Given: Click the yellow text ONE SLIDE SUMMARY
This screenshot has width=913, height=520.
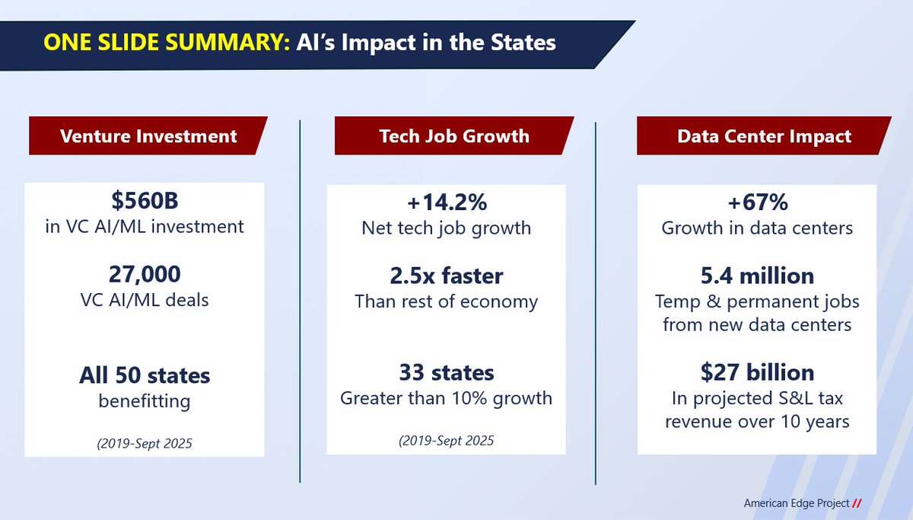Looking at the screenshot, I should coord(163,42).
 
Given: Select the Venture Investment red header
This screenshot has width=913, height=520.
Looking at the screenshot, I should coord(148,136).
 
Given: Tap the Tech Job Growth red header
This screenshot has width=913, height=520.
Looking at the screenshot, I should coord(454,136).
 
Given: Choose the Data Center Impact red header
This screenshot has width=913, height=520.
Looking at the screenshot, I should coord(764,136).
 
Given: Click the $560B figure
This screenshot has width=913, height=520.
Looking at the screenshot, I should coord(145,203).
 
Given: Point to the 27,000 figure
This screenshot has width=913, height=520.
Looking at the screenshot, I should coord(145,275).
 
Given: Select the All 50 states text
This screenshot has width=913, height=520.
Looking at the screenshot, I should coord(145,375).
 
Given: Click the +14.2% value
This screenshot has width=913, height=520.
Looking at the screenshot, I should coord(447,203).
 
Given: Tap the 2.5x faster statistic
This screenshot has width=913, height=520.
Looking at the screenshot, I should coord(447,275).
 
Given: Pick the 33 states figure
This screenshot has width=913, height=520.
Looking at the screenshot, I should coord(447,372).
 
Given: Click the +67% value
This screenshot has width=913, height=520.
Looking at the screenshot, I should coord(756,203).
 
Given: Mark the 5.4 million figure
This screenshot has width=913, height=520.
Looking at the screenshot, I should coord(756,275).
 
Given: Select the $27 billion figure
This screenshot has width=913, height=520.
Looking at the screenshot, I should coord(756,372).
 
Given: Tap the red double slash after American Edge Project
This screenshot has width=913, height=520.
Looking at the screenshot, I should coord(857,503).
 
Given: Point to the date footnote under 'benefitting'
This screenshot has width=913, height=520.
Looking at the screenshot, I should coord(145,443).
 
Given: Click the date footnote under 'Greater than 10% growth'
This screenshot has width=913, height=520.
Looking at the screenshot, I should coord(447,440).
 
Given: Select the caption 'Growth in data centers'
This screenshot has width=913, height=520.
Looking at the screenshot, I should coord(756,228).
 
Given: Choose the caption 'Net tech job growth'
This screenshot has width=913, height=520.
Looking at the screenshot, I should coord(447,228).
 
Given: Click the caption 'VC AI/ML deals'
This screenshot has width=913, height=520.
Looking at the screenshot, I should coord(145,300).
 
